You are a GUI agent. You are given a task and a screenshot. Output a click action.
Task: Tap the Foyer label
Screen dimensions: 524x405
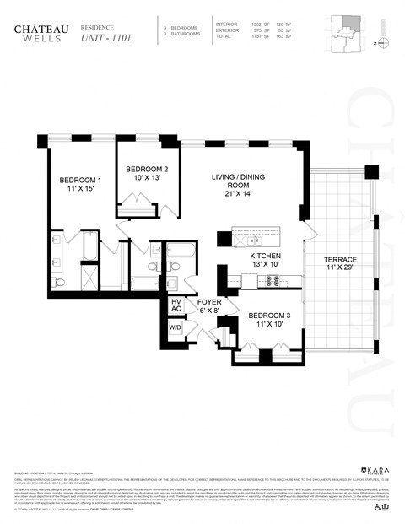coord(209,305)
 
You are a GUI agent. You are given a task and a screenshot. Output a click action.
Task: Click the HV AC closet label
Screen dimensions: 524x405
coord(176,305)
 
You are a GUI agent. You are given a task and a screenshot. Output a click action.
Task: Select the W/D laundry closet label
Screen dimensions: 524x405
coord(175,327)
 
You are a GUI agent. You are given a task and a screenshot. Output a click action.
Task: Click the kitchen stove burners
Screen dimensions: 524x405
coord(273,281)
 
